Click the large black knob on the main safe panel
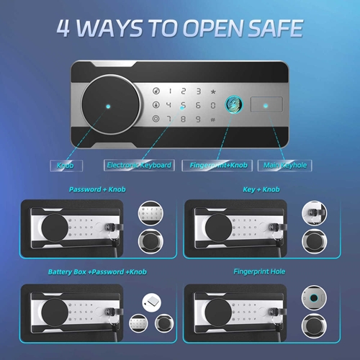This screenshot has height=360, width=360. point(111,104)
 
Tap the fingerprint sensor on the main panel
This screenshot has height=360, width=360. point(234,104)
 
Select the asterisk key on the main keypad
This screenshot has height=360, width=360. point(213,91)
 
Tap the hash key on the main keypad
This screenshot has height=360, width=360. point(212,120)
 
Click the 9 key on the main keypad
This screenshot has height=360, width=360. point(198,119)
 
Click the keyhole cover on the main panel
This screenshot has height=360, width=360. point(266,104)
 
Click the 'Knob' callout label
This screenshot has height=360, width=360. point(66,166)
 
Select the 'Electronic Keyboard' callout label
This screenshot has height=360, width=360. point(139,165)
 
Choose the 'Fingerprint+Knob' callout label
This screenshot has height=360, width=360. point(217,165)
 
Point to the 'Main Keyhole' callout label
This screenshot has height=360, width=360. point(284,165)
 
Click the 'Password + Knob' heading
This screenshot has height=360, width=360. point(97,189)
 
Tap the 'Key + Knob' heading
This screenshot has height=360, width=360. point(261,189)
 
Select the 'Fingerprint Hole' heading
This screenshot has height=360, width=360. point(259,271)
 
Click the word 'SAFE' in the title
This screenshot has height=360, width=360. point(275,28)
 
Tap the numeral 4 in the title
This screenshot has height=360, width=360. point(63,28)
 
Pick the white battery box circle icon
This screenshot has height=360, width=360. point(152,302)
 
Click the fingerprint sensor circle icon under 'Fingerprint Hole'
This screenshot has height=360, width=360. point(314,298)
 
